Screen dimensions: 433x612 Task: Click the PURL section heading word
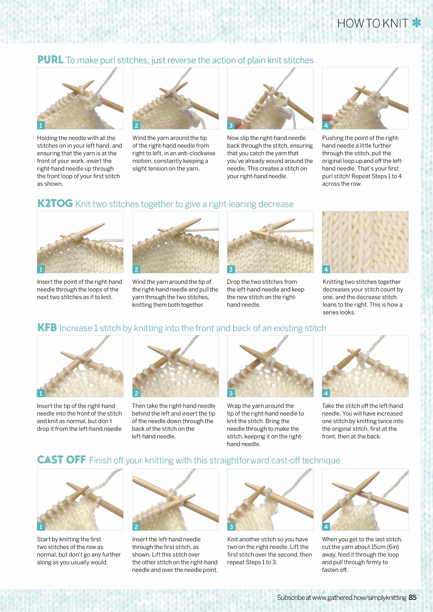(50, 60)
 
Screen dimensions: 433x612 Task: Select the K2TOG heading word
(55, 204)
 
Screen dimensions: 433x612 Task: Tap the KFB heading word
(47, 327)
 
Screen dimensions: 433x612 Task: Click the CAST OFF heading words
(61, 459)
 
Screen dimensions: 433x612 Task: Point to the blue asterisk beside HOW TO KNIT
(416, 23)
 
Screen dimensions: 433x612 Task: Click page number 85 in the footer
(412, 597)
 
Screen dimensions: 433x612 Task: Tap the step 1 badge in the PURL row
(41, 126)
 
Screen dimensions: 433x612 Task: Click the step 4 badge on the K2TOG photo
(326, 270)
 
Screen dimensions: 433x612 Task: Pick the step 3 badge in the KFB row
(231, 393)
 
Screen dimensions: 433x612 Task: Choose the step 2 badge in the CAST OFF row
(136, 526)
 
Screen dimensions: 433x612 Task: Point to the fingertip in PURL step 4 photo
(328, 118)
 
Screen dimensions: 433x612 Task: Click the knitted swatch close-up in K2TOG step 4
(365, 242)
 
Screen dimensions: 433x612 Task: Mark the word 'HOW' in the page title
(347, 24)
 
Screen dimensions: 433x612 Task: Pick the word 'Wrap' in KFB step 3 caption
(234, 406)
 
